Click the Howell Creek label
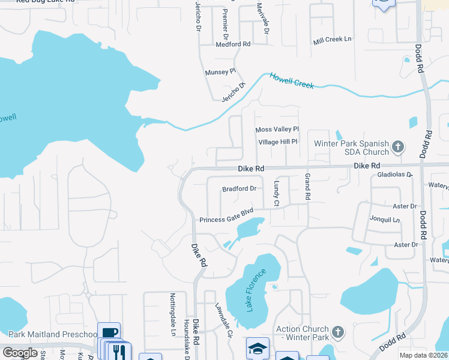point(292,81)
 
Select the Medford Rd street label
point(233,44)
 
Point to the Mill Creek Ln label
point(332,40)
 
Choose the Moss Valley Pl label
point(277,130)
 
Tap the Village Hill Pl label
point(278,142)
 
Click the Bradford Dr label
point(239,188)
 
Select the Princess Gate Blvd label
point(227,216)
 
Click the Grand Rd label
point(307,187)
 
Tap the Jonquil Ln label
point(385,220)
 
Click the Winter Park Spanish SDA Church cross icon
point(397,146)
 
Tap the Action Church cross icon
point(338,332)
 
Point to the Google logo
point(20,353)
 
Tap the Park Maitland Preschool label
point(53,335)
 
